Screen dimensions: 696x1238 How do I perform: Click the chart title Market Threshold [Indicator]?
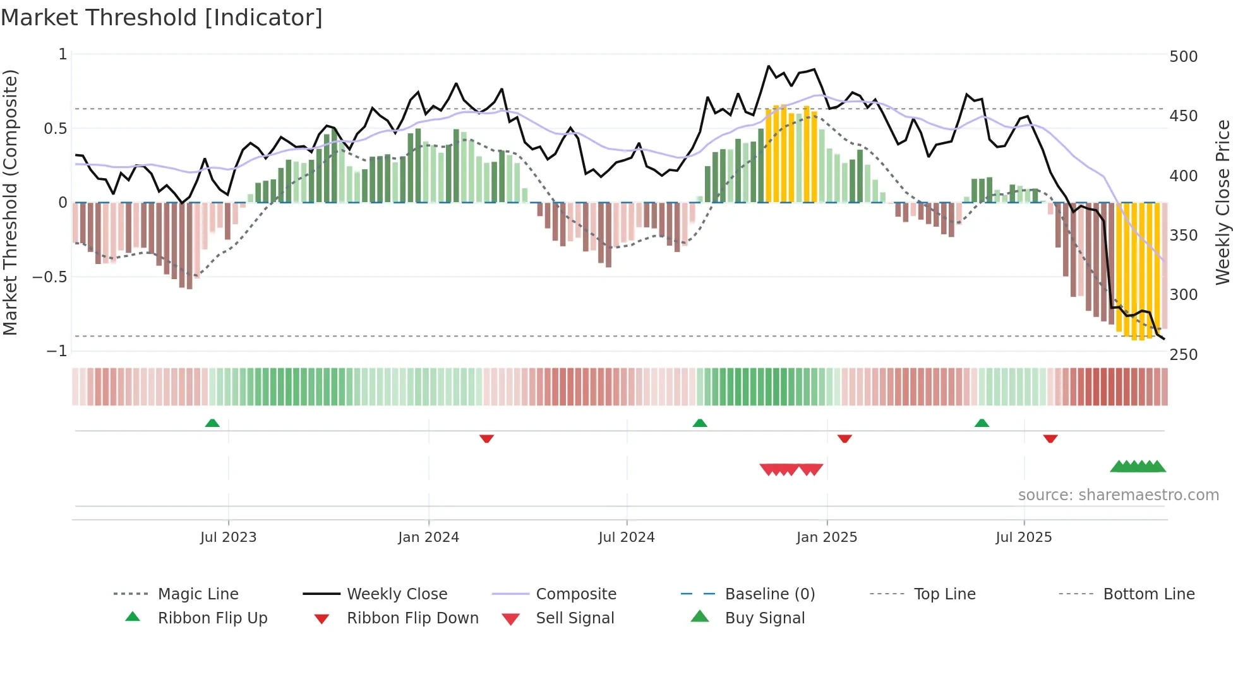[162, 18]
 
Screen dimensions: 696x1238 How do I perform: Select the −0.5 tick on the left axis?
[50, 277]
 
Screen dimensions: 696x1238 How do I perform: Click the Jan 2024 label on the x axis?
[428, 537]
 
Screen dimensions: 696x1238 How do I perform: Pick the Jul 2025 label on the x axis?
[1023, 537]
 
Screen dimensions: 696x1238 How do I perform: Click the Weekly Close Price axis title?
[1223, 202]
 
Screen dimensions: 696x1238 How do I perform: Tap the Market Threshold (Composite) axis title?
[10, 202]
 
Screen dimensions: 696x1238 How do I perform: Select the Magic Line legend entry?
[198, 594]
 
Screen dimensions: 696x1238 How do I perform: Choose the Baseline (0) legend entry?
[769, 594]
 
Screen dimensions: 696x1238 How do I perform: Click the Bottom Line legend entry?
[1148, 594]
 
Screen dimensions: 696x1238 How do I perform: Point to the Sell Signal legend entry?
[575, 618]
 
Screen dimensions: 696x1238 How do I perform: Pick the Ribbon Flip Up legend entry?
[212, 618]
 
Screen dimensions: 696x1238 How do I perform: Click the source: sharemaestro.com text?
[1118, 495]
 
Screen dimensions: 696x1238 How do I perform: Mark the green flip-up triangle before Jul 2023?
[212, 423]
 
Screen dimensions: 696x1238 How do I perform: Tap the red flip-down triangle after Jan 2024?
[486, 438]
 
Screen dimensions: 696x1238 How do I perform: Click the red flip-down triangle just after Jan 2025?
[844, 438]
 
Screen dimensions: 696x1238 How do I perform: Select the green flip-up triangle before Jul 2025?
[982, 423]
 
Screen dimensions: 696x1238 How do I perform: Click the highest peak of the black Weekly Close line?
[769, 66]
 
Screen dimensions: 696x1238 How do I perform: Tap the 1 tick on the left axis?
[63, 54]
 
